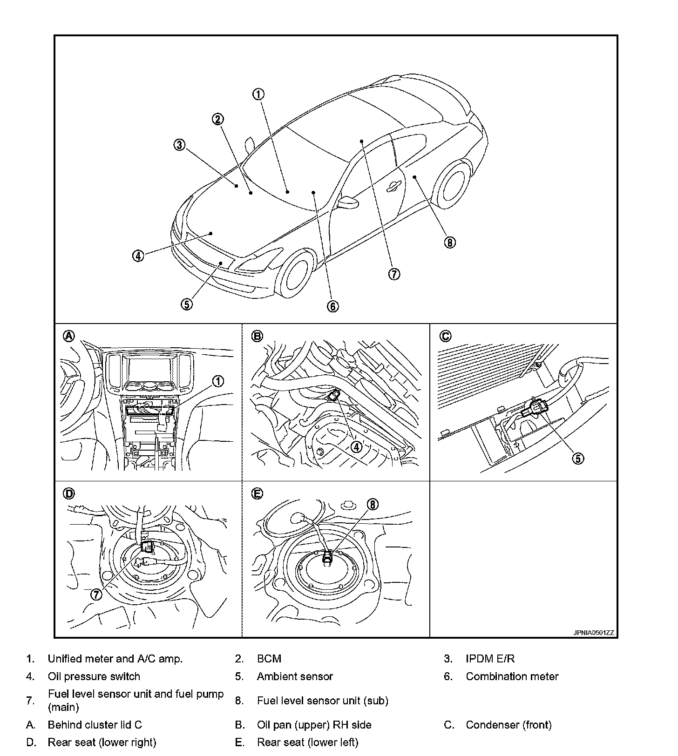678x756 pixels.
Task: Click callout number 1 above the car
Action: (x=258, y=94)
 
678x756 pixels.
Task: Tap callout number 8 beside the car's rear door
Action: (x=449, y=243)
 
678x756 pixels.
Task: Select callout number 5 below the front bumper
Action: (x=186, y=304)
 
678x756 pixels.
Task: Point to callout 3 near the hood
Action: (x=180, y=145)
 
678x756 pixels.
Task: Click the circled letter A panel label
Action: (x=69, y=336)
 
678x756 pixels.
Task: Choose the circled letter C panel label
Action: (x=445, y=336)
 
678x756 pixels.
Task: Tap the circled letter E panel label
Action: (x=257, y=494)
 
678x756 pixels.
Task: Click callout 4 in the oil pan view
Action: (x=356, y=447)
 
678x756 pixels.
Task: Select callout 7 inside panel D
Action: (x=96, y=594)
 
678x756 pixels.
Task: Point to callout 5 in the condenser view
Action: (x=577, y=459)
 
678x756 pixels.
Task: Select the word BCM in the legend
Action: (x=269, y=659)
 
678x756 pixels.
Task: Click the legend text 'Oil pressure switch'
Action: (x=94, y=676)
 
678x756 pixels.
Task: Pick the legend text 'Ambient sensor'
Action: (x=295, y=676)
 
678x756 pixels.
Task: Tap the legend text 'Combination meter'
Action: (x=512, y=676)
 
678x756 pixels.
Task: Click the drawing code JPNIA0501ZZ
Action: (x=594, y=633)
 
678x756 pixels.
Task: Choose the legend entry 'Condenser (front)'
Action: (x=508, y=725)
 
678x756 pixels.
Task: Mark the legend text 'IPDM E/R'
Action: (x=490, y=659)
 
